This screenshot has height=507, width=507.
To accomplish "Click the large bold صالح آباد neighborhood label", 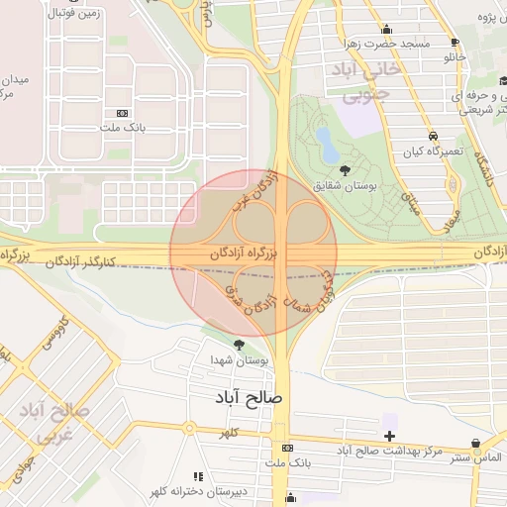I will [x=250, y=396].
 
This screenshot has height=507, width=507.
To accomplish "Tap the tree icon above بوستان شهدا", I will [x=239, y=344].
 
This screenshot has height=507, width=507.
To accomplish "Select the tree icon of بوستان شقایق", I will [x=344, y=170].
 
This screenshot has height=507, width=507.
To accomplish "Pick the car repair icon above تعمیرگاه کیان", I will [x=433, y=136].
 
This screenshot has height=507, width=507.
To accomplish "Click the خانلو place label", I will [x=455, y=58].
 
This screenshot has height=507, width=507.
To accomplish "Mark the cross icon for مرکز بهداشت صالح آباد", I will [x=390, y=436].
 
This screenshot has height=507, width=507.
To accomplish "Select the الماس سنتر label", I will [x=473, y=457].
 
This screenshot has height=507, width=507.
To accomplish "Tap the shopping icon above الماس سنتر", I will [x=478, y=443].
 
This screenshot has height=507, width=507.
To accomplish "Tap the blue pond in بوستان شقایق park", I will [x=327, y=146].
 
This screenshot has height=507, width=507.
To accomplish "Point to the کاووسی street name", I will [x=49, y=332].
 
